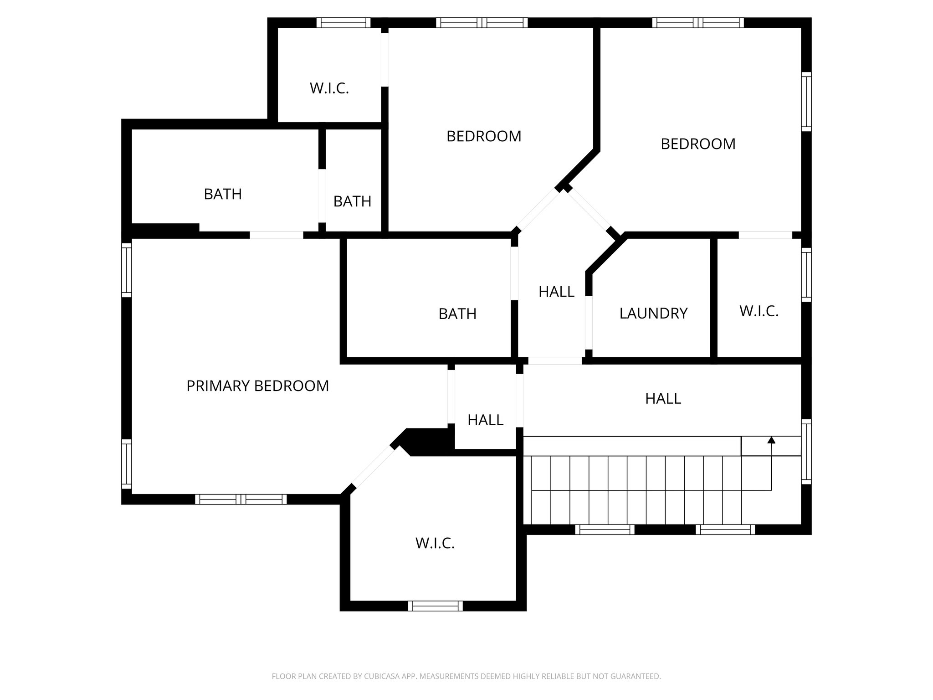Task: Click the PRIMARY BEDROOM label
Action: coord(257,386)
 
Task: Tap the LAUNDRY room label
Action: coord(653,313)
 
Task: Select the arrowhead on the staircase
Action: coord(771,440)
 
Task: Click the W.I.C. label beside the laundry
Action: coord(759,311)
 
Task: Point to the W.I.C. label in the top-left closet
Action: coord(329,88)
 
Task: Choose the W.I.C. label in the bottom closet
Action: coord(435,543)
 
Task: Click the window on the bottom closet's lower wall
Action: coord(435,606)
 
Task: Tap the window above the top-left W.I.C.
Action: coord(343,23)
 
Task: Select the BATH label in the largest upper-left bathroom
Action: coord(223,194)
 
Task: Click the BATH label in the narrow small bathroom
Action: coord(352,201)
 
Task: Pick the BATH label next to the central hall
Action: coord(457,314)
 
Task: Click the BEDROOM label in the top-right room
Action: coord(698,144)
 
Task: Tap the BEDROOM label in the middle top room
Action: coord(484,136)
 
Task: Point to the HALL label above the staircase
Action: coord(663,399)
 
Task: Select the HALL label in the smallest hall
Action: coord(485,420)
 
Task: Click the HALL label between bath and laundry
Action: coord(556,292)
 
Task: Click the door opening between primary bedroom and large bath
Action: coord(277,235)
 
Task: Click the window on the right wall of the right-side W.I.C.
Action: coord(806,274)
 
